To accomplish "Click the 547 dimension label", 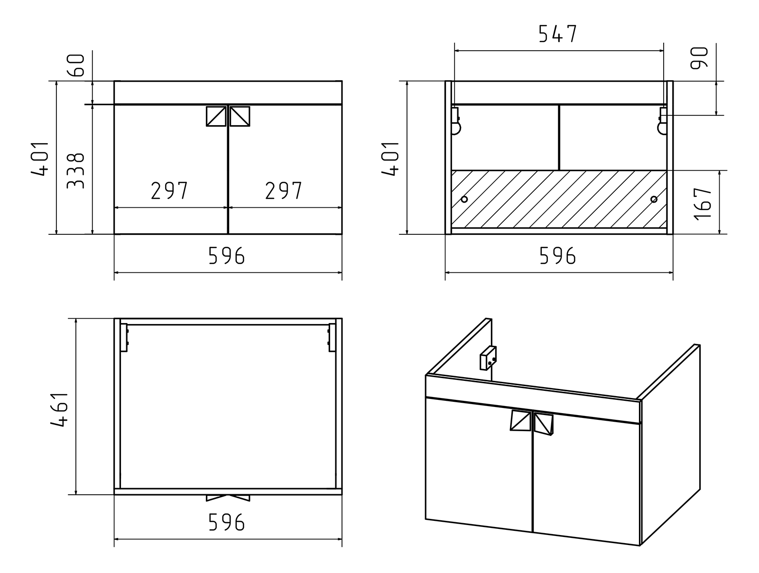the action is point(558,34).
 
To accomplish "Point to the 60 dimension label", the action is point(75,65).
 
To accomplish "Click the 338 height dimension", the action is point(75,171).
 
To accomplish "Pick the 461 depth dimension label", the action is point(59,410).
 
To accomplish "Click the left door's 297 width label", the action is point(169,191).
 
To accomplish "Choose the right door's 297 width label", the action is point(284,191).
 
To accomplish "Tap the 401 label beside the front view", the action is point(40,158).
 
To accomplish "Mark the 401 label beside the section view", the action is point(390,158).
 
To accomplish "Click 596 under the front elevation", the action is point(227,256).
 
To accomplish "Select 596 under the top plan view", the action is point(227,522).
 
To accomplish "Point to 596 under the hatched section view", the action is point(558,256).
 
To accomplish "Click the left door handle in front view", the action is point(216,116).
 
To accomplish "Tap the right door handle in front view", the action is point(240,116).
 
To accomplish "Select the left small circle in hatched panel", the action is point(464,199).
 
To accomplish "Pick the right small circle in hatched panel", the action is point(654,199).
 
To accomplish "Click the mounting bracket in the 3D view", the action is point(488,358).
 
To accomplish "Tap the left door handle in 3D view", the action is point(520,421).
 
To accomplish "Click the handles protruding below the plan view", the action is point(228,498).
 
